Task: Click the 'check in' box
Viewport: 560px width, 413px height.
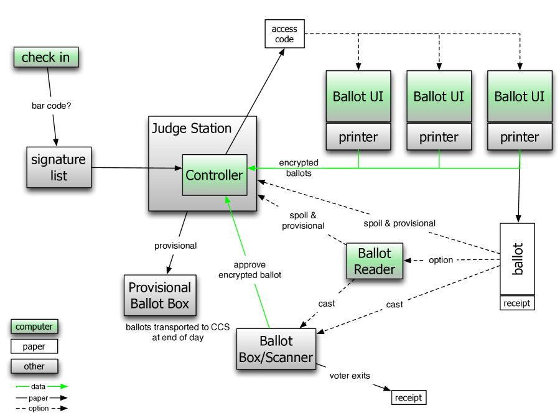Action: point(46,57)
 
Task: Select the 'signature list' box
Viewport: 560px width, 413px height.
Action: point(59,167)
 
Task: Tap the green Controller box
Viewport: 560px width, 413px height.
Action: point(215,175)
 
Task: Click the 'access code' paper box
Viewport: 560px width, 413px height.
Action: point(284,34)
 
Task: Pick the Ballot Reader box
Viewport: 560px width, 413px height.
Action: point(375,261)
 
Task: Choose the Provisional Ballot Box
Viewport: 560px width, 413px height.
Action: point(160,295)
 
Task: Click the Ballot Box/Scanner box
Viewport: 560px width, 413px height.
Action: point(276,349)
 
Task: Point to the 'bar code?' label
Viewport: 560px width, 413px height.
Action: point(52,106)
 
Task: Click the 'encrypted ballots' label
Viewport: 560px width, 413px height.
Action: point(299,168)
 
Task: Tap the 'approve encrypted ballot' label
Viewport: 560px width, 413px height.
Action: point(250,270)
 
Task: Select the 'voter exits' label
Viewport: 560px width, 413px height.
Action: point(350,376)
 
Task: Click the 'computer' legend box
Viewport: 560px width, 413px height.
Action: point(34,327)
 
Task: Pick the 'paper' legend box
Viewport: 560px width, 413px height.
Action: point(34,346)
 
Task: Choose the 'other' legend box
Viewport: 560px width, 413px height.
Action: point(34,366)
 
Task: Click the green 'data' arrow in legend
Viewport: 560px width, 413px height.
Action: point(42,386)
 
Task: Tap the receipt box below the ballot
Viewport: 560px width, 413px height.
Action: point(517,303)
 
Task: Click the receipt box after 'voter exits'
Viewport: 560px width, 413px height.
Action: point(409,397)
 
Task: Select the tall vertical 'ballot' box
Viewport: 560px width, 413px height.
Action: point(517,259)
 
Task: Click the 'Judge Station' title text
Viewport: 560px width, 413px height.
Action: point(192,128)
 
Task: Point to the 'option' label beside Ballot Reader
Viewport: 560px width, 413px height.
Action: point(441,260)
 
